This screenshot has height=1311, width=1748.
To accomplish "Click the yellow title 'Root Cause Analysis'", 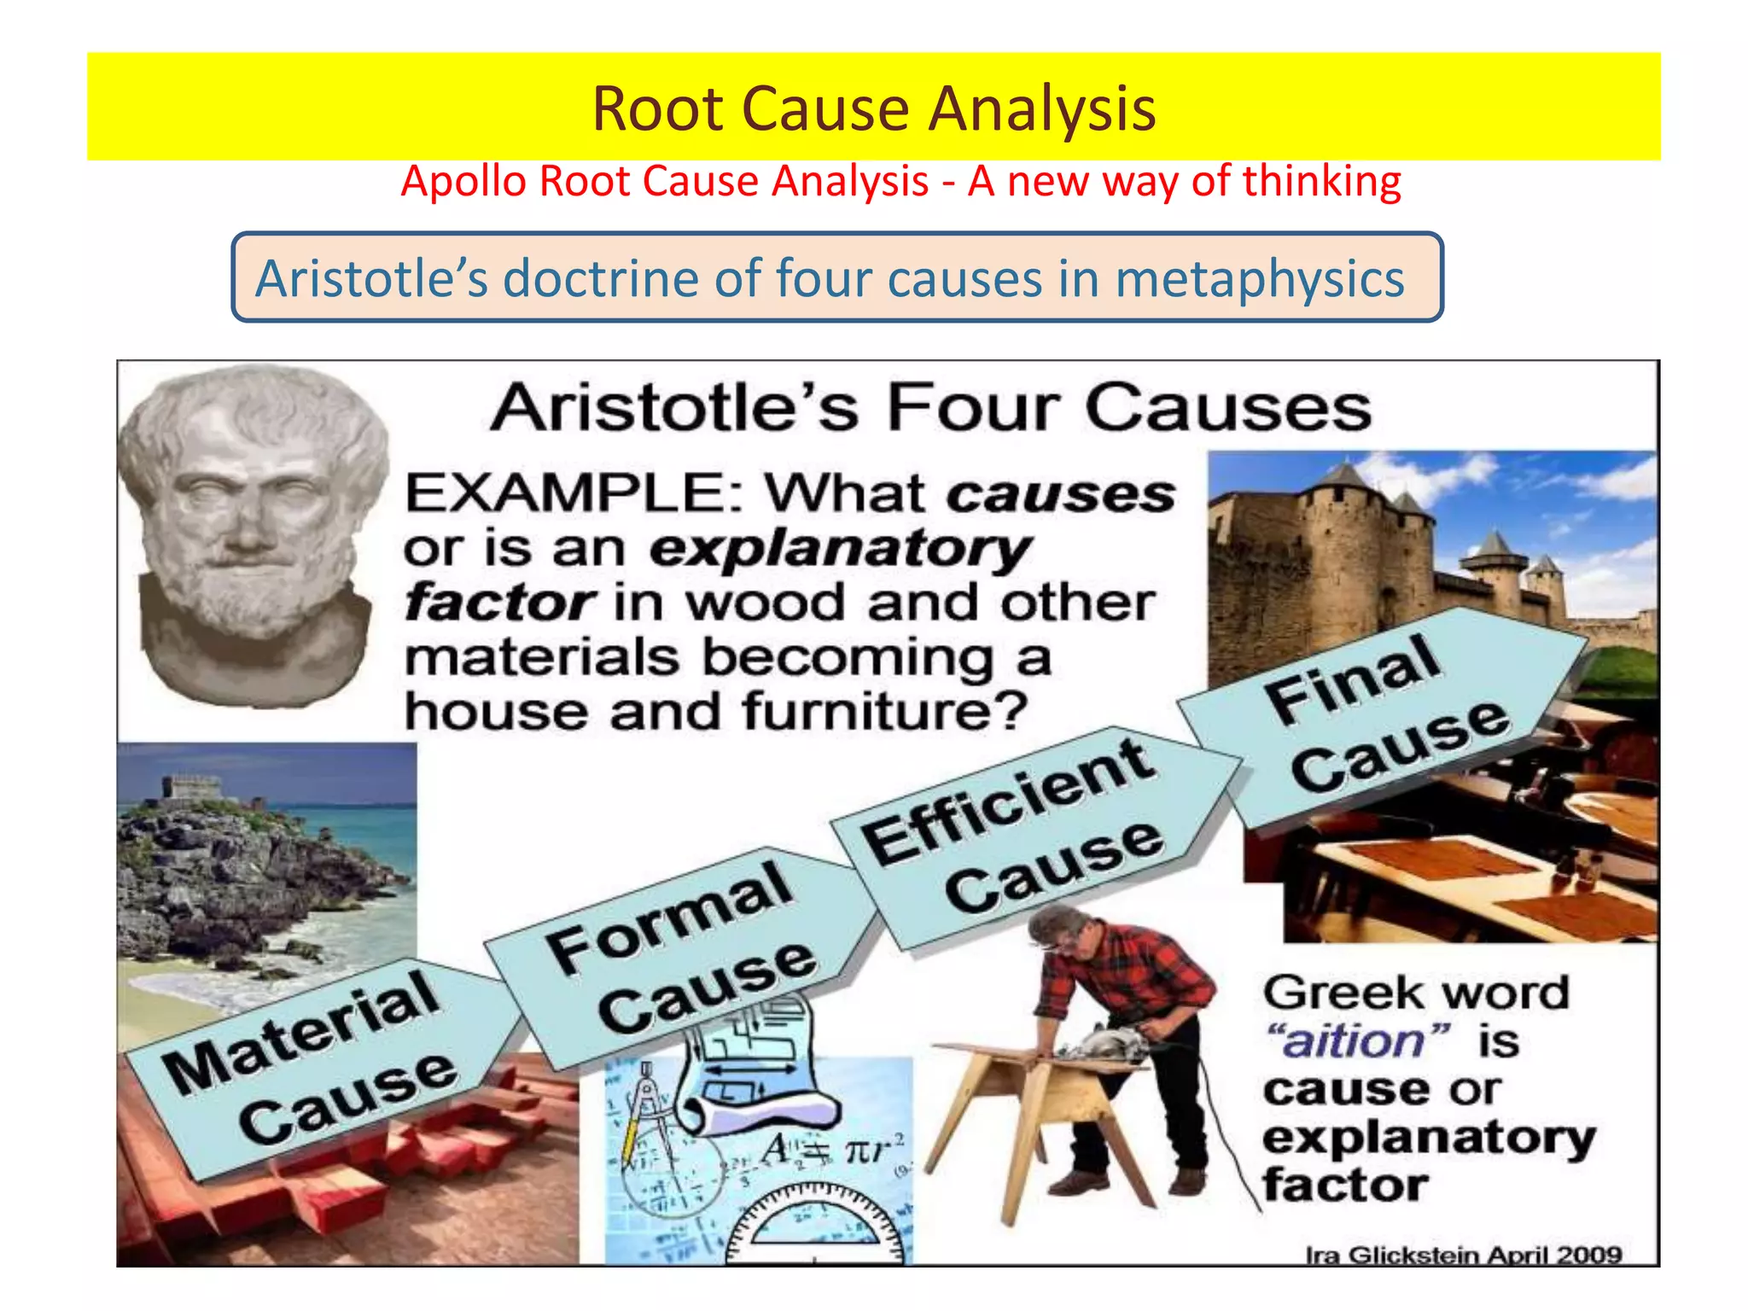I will point(873,109).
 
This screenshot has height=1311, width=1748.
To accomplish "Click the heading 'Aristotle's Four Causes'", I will point(930,408).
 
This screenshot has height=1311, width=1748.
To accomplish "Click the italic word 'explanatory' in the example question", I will point(841,548).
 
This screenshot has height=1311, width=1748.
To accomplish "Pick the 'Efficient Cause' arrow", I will point(1024,832).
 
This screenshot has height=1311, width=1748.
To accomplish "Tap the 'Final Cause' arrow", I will point(1383,713).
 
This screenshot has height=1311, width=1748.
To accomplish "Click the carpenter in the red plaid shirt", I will point(1127,1024).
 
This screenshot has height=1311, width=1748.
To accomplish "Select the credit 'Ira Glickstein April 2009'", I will point(1463,1254).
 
